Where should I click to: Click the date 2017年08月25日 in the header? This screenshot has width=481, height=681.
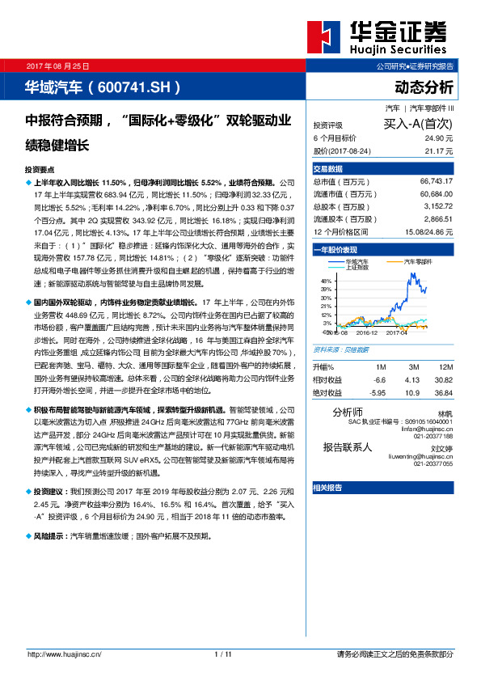(x=58, y=66)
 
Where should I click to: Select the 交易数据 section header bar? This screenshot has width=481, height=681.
(x=382, y=170)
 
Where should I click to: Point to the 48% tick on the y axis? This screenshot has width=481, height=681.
(x=326, y=280)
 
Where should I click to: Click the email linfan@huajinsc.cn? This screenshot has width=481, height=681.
(x=425, y=429)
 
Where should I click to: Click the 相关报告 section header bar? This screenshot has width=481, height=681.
(x=382, y=488)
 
